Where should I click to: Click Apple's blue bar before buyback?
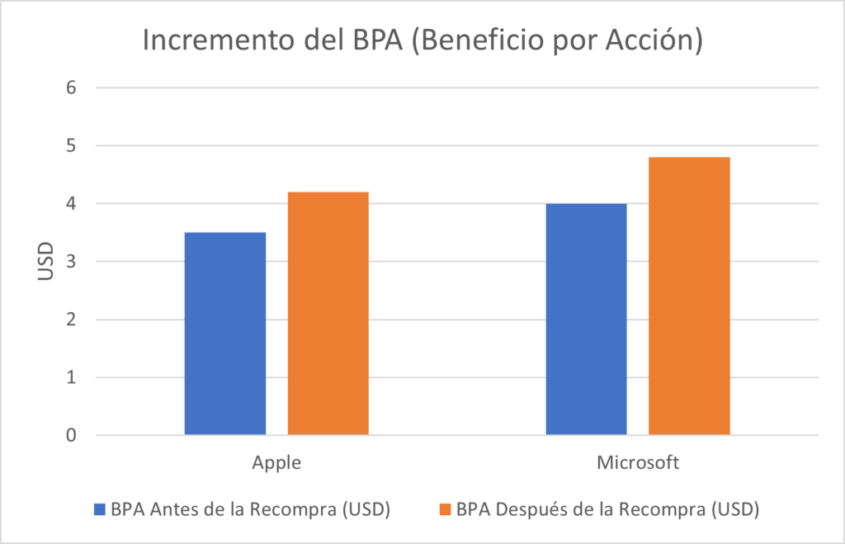(x=224, y=333)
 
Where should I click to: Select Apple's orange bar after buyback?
(x=328, y=314)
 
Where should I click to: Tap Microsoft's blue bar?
(x=586, y=319)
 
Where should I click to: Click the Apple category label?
(x=276, y=463)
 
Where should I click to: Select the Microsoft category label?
(x=638, y=463)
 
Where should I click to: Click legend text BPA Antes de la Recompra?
(x=250, y=509)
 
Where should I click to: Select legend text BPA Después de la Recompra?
(x=607, y=509)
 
